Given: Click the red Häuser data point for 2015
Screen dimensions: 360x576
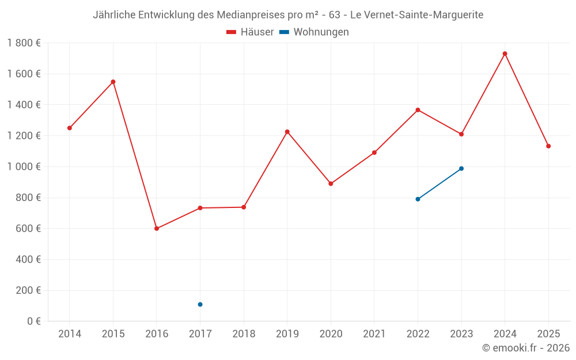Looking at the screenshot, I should click(x=113, y=82).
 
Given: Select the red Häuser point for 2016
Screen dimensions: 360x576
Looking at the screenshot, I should click(x=157, y=229).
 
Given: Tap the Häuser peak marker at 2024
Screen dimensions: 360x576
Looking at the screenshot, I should click(x=505, y=54).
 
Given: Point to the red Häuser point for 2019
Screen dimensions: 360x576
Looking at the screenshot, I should click(x=287, y=132).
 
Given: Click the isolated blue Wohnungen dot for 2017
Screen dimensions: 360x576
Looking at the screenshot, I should click(x=200, y=304).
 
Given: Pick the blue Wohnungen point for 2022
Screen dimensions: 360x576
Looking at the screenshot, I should click(x=418, y=199).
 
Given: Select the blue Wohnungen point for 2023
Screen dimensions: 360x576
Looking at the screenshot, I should click(x=461, y=169).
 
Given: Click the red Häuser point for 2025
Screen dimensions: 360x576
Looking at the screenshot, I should click(x=548, y=146).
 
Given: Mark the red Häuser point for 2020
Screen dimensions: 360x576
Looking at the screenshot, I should click(x=331, y=184).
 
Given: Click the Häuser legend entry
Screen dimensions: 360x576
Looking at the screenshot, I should click(x=251, y=32).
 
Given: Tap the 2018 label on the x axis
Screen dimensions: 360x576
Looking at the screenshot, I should click(x=244, y=334).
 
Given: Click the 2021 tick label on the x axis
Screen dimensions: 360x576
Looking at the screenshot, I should click(x=374, y=334).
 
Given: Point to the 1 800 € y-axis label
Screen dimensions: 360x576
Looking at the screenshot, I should click(x=24, y=43).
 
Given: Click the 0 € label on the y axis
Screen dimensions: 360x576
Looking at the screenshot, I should click(x=32, y=321).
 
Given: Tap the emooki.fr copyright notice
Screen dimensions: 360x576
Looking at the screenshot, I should click(x=525, y=348).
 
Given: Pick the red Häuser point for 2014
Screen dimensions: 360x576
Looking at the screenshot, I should click(x=70, y=128).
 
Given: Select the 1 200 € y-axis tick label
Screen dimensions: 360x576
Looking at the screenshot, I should click(x=24, y=136).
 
